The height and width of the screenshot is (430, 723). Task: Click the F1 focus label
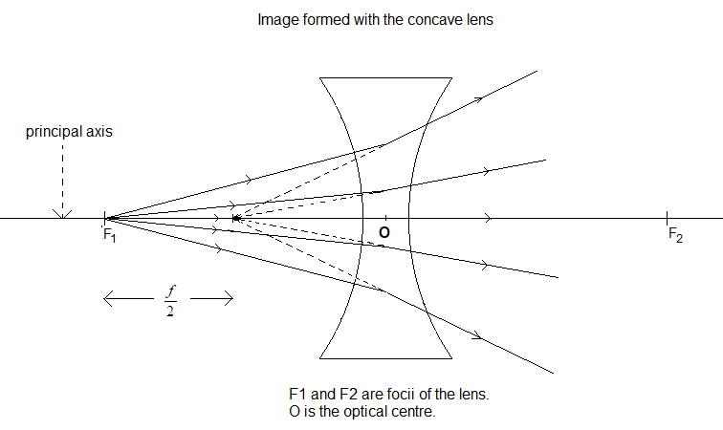[x=109, y=235]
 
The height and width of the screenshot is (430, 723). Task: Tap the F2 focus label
[x=675, y=236]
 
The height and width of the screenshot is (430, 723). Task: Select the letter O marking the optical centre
[x=383, y=232]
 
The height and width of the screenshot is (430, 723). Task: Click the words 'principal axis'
[x=69, y=132]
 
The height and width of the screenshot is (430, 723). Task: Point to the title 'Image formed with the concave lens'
[x=375, y=19]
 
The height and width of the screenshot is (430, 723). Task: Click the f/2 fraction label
[x=168, y=300]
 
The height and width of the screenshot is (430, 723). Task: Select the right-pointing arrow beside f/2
[x=214, y=300]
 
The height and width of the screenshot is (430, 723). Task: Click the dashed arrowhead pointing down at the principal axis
[x=62, y=212]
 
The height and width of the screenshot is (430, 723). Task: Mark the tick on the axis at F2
[x=668, y=219]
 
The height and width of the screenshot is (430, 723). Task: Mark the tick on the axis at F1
[x=104, y=219]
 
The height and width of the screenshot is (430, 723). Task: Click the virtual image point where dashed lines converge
[x=233, y=219]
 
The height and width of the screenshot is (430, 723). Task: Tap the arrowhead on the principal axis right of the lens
[x=489, y=219]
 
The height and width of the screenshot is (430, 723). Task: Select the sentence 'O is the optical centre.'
[x=361, y=413]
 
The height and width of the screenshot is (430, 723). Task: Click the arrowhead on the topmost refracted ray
[x=477, y=97]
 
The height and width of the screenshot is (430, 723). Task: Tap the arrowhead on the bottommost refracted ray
[x=477, y=337]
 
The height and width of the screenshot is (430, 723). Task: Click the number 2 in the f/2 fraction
[x=168, y=311]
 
